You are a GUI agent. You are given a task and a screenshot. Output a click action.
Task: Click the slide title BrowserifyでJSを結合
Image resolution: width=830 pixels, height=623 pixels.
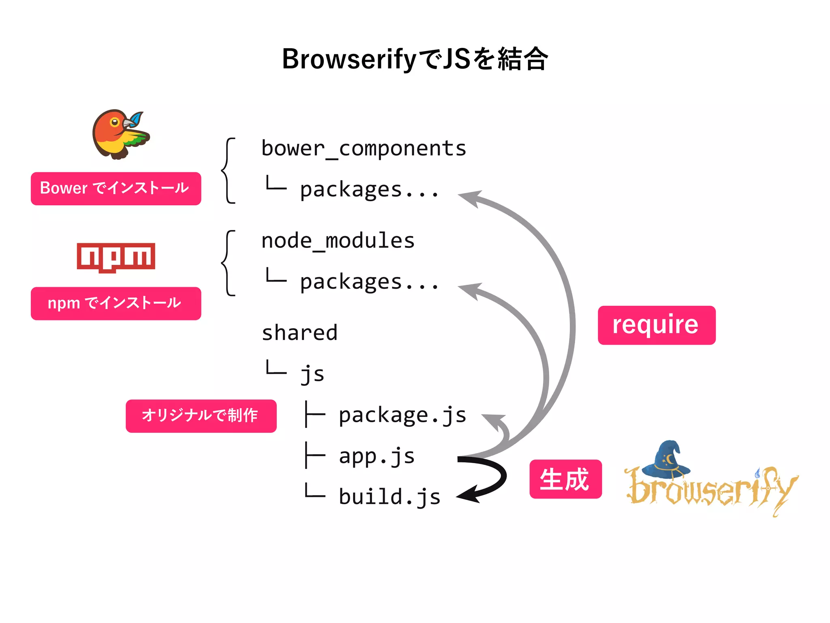[x=415, y=59]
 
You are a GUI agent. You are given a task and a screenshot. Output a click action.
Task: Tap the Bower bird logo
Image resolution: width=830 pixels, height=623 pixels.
[x=120, y=134]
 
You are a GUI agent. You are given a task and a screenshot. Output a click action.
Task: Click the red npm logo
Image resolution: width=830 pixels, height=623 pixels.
[x=116, y=257]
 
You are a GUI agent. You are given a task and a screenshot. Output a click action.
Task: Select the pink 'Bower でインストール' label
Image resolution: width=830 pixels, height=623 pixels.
[x=116, y=188]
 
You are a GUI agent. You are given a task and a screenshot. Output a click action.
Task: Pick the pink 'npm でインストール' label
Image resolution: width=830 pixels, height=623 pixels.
[x=116, y=303]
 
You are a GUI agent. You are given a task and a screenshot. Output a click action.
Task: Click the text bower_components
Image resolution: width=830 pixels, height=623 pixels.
[x=364, y=148]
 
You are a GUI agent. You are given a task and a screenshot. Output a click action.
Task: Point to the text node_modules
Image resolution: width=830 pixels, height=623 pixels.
[x=338, y=241]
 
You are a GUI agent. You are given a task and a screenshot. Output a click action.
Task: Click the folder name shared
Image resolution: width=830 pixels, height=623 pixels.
[x=299, y=333]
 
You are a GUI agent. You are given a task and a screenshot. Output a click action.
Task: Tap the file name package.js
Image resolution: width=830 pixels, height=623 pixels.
[x=402, y=415]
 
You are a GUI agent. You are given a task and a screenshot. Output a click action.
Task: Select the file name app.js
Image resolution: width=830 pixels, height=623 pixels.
[x=376, y=456]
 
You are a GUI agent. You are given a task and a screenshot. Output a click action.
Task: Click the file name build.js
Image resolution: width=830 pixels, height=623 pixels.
[x=389, y=497]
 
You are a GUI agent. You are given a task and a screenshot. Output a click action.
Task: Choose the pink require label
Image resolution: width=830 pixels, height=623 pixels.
[x=656, y=325]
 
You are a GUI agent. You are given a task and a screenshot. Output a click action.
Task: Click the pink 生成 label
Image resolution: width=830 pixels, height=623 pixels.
[x=565, y=479]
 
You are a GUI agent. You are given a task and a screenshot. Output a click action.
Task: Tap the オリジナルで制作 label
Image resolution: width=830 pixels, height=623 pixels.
[x=201, y=416]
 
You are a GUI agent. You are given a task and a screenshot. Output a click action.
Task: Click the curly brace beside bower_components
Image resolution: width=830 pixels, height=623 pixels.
[x=228, y=170]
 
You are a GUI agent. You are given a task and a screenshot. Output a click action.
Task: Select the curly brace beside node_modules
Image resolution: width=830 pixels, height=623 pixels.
[x=228, y=263]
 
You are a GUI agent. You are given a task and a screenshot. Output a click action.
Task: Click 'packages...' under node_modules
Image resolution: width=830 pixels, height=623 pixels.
[x=369, y=282]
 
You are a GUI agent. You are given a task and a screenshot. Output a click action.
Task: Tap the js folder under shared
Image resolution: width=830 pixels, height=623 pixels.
[x=312, y=374]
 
